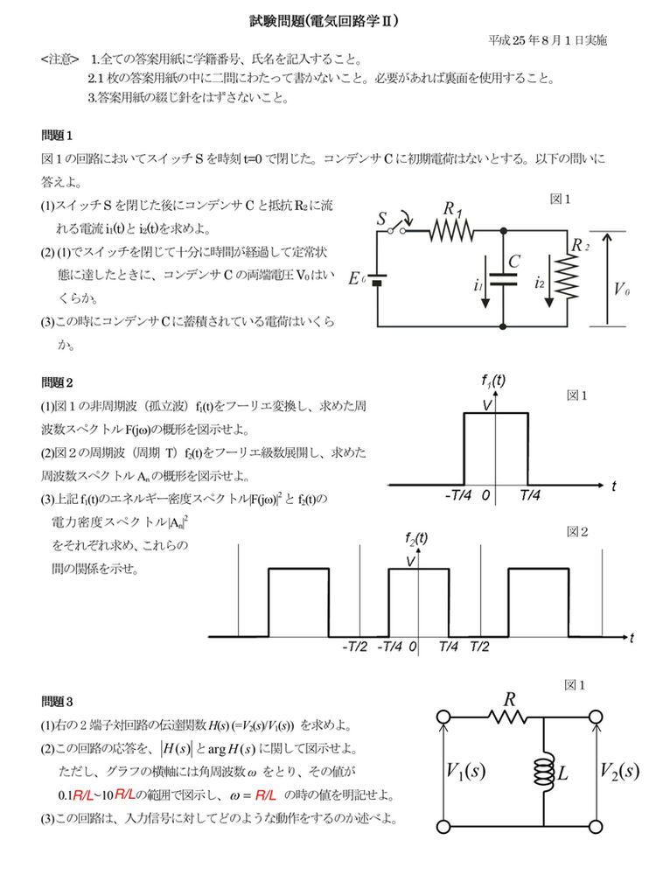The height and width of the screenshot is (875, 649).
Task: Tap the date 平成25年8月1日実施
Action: coord(548,40)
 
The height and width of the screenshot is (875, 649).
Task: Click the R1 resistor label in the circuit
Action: coord(453,209)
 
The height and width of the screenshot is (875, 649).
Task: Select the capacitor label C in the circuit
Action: coord(515,262)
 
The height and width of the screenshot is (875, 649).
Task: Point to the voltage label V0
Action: coord(621,289)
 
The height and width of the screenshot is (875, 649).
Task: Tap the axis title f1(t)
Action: coord(494,381)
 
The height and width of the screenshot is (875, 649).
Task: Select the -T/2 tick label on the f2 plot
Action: coord(354,649)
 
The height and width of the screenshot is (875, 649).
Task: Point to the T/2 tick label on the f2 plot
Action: coord(480,649)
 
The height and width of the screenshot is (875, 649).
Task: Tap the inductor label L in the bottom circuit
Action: coord(563,774)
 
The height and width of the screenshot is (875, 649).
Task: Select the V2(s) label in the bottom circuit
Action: coord(619,771)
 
